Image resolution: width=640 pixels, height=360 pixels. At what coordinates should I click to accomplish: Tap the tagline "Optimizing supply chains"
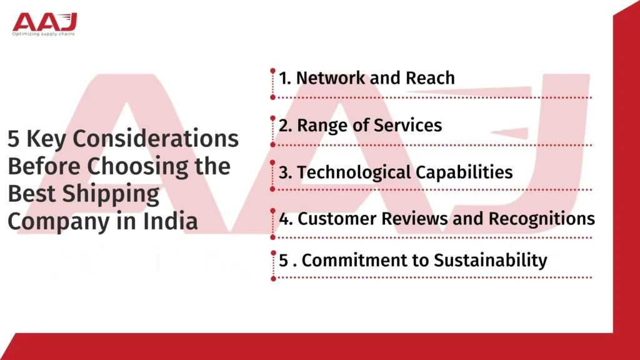(x=44, y=34)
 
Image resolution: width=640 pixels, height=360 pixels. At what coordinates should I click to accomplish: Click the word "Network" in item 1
(x=330, y=78)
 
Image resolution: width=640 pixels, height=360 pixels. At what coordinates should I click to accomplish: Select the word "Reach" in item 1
(x=429, y=78)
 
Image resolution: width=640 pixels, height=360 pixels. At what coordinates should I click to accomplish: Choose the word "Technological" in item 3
(x=349, y=173)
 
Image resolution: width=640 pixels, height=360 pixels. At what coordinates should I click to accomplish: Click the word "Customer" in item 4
(x=332, y=219)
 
